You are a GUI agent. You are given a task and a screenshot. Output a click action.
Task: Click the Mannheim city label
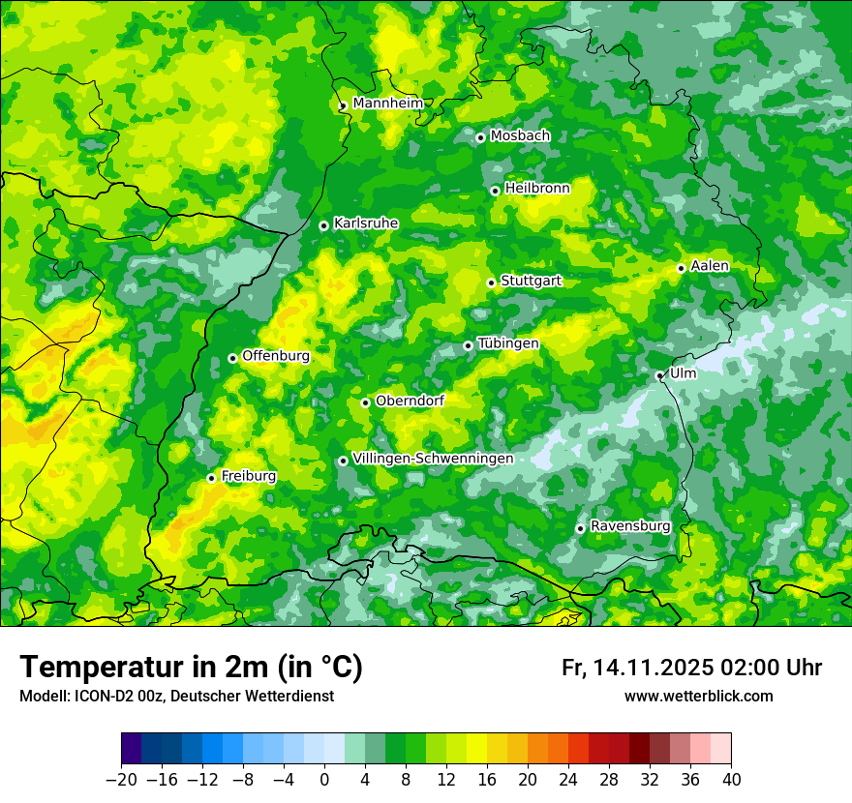[x=387, y=103]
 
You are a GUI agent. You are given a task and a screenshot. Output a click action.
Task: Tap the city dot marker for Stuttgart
[x=491, y=283]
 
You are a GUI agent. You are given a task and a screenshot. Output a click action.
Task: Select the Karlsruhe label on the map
[x=365, y=223]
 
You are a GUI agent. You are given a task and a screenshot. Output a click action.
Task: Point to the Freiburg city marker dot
[x=211, y=478]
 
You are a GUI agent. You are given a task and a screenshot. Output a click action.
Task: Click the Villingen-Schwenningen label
[x=433, y=459]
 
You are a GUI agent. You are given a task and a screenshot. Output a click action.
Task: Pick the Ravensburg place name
[x=629, y=525]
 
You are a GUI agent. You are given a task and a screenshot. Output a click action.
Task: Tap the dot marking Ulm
[x=659, y=375]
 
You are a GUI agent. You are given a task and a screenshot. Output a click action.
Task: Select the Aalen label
[x=710, y=266]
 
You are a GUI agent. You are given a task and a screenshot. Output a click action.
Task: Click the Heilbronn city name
[x=537, y=188]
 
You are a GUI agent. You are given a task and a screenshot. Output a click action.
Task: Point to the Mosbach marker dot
[x=480, y=137]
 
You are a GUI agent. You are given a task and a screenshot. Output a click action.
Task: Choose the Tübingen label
[x=508, y=343]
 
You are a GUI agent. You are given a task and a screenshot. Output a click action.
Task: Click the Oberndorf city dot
[x=365, y=402]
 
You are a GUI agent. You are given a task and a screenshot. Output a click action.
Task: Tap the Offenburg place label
[x=276, y=355]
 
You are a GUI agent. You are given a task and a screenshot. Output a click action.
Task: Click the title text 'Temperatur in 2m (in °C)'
[x=192, y=667]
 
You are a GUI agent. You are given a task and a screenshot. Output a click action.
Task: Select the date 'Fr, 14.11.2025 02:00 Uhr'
[x=691, y=668]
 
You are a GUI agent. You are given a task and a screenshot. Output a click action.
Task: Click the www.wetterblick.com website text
[x=698, y=696]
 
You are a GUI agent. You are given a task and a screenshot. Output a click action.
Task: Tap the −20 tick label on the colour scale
[x=121, y=780]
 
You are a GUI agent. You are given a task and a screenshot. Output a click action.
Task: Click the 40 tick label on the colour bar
[x=731, y=780]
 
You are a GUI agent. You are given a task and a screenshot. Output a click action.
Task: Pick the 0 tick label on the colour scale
[x=324, y=780]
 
